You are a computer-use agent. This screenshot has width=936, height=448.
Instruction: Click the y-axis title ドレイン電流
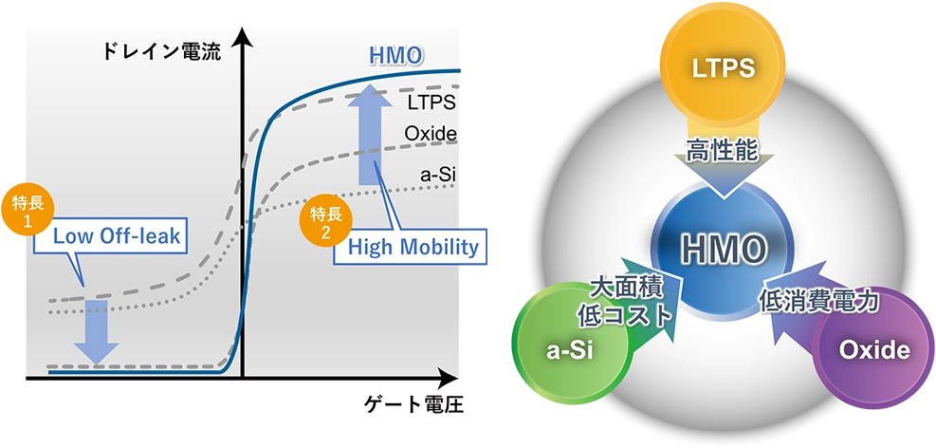(x=161, y=52)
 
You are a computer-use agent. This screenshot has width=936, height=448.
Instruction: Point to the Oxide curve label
(x=431, y=134)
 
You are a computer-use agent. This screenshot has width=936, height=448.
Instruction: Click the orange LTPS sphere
(x=723, y=68)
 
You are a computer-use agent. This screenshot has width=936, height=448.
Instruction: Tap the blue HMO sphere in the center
(x=723, y=251)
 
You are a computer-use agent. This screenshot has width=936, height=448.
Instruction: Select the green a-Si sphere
(x=569, y=349)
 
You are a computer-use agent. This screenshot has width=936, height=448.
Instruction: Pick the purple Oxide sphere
(x=872, y=349)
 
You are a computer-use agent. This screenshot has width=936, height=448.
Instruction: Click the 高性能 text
(x=723, y=150)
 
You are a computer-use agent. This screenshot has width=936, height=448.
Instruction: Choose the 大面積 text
(x=624, y=288)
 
